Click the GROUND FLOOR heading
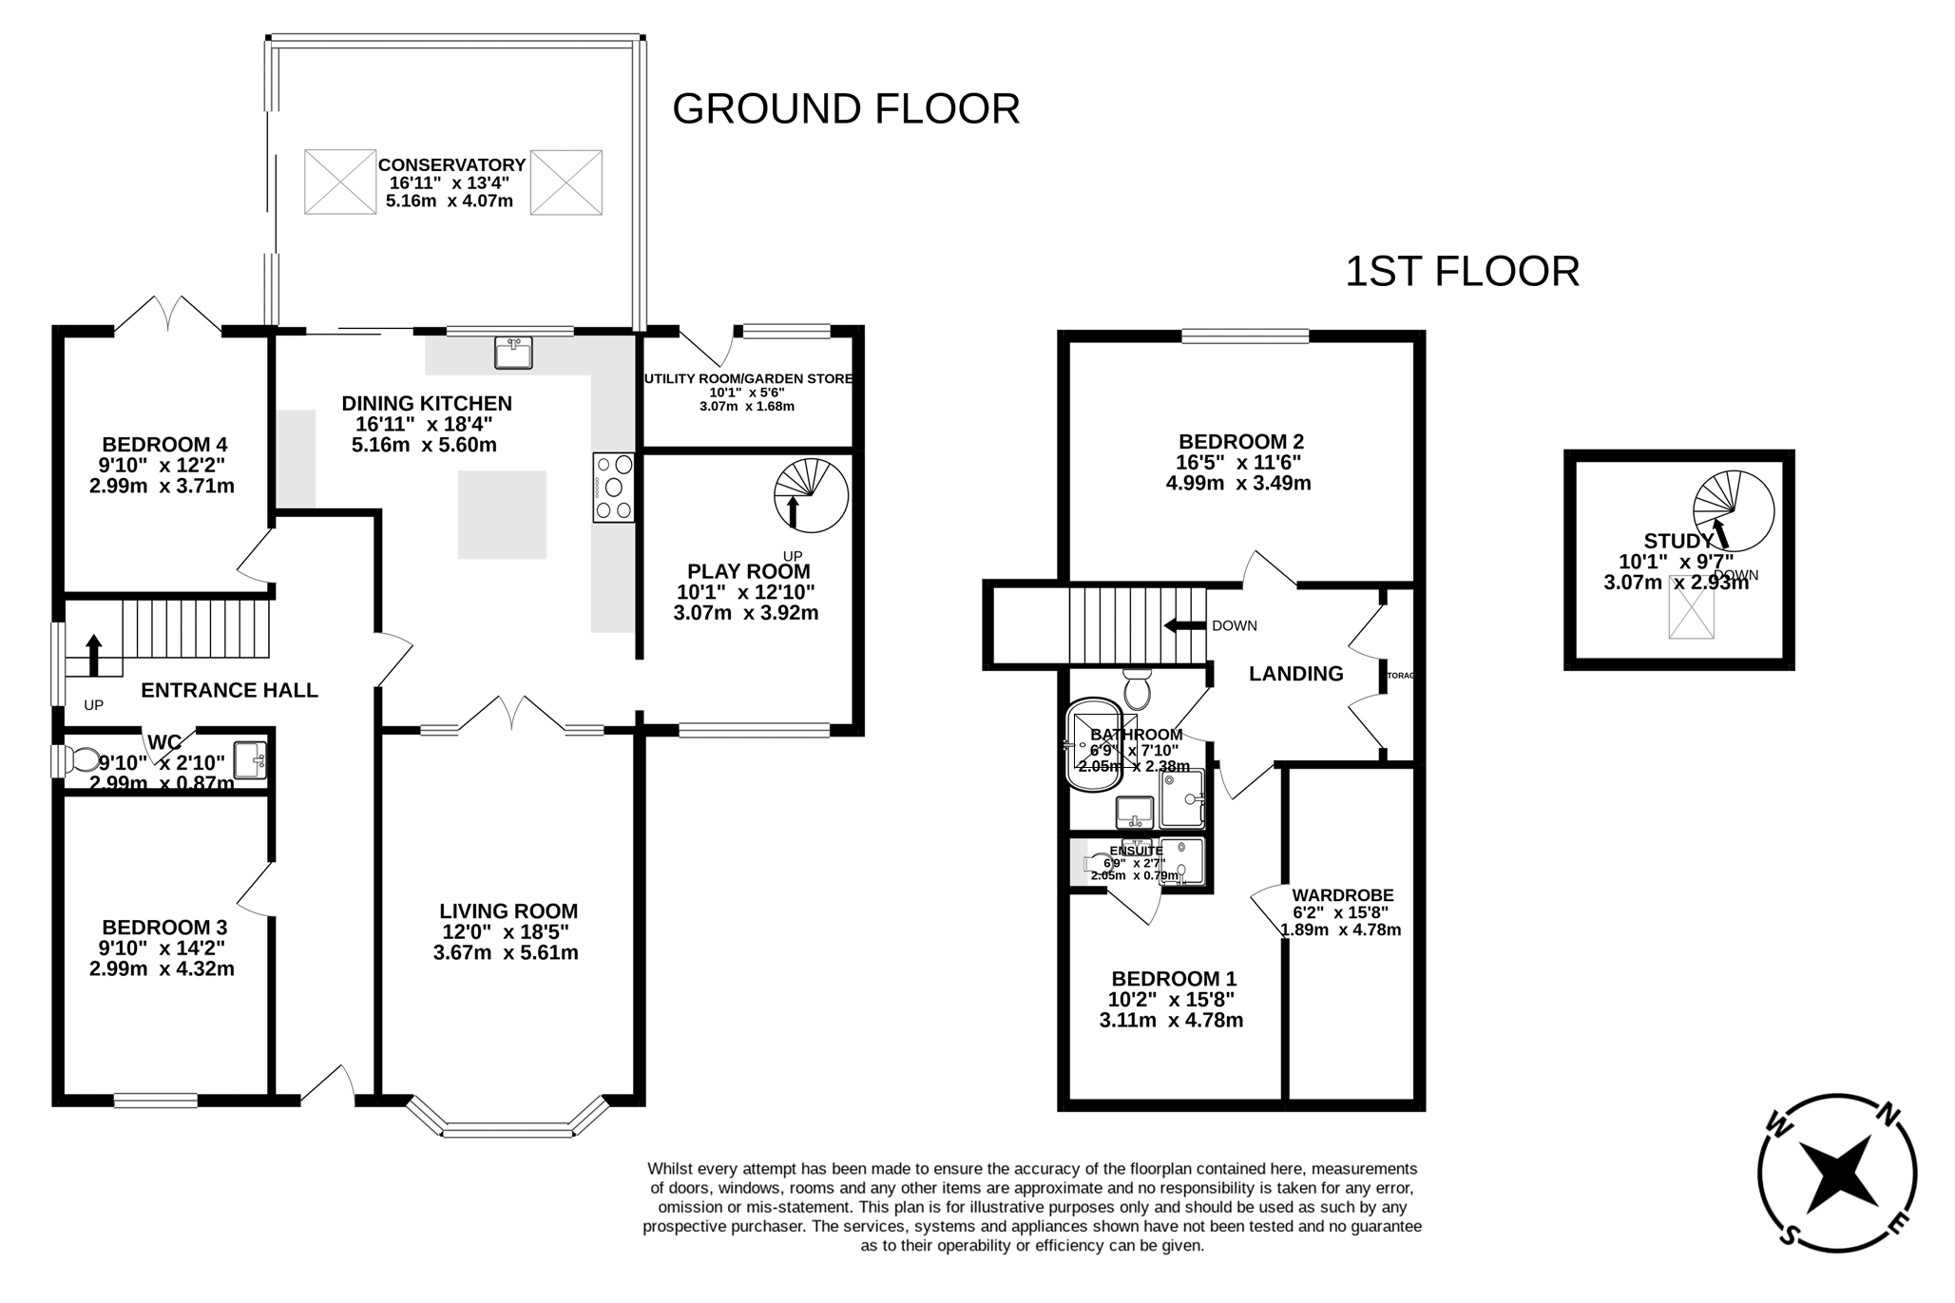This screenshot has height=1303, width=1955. (845, 109)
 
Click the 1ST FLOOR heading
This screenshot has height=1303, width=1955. (1462, 272)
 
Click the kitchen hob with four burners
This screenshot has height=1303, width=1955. (613, 488)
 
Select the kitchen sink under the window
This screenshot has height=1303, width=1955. (513, 353)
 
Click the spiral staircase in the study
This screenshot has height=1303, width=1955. (1733, 508)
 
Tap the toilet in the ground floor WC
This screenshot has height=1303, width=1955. (83, 760)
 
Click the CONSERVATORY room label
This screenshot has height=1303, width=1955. (451, 165)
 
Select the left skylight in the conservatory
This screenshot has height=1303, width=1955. (339, 182)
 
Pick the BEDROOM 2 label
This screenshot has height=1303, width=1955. (1240, 441)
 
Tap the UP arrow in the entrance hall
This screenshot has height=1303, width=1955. (93, 655)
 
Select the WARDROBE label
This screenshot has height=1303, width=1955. (1342, 895)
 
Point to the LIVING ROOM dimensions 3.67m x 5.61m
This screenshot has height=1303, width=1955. (506, 952)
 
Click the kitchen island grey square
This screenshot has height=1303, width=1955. (502, 515)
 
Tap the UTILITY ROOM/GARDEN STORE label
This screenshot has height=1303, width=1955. (748, 378)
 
